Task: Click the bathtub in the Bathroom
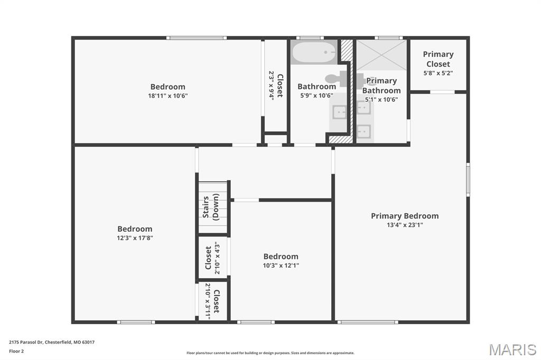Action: pyautogui.click(x=314, y=52)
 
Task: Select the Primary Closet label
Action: pyautogui.click(x=438, y=59)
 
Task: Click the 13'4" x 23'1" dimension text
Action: pyautogui.click(x=405, y=225)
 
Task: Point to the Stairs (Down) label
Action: pyautogui.click(x=211, y=207)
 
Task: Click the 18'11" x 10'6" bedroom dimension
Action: pyautogui.click(x=167, y=96)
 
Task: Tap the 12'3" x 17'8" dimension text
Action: pyautogui.click(x=135, y=238)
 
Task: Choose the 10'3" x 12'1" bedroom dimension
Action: pyautogui.click(x=281, y=266)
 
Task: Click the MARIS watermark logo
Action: pyautogui.click(x=512, y=349)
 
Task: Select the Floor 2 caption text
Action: pyautogui.click(x=16, y=352)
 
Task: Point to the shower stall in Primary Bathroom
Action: pyautogui.click(x=381, y=55)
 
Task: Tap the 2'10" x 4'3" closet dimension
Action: pyautogui.click(x=217, y=258)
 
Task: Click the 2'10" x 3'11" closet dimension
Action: pyautogui.click(x=208, y=301)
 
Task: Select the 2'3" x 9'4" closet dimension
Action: pyautogui.click(x=272, y=86)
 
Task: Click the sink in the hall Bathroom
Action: pyautogui.click(x=339, y=112)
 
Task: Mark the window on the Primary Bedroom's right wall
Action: pyautogui.click(x=468, y=179)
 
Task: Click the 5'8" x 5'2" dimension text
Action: pyautogui.click(x=438, y=73)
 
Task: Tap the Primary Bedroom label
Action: pyautogui.click(x=405, y=216)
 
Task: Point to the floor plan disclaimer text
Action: pyautogui.click(x=270, y=353)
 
